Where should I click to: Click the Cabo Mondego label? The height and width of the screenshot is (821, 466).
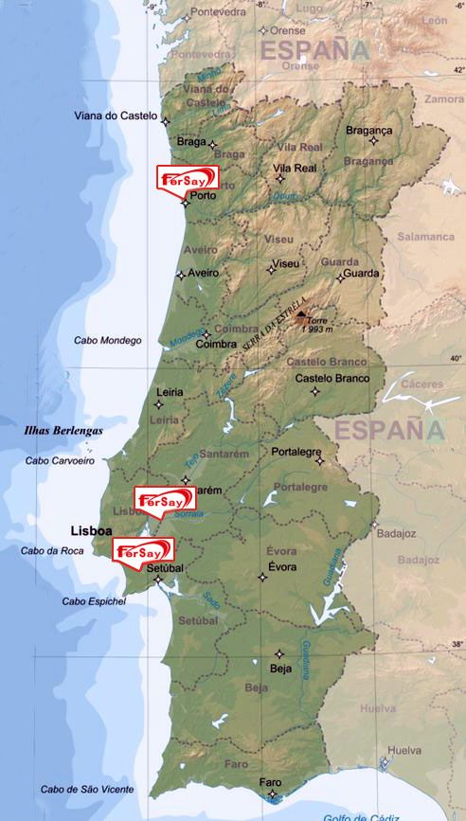click(107, 340)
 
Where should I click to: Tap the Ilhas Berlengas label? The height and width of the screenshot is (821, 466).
click(63, 430)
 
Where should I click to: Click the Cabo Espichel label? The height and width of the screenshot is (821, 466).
click(94, 600)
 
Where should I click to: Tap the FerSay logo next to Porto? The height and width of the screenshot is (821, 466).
click(188, 178)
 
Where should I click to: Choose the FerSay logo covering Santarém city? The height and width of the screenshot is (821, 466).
click(165, 499)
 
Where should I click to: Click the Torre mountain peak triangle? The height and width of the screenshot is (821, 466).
click(300, 314)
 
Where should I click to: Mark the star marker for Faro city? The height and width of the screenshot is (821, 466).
click(272, 793)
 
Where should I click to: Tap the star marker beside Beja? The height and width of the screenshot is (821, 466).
click(278, 652)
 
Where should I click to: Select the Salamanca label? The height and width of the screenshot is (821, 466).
click(426, 236)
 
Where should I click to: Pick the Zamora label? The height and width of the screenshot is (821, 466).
click(444, 98)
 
